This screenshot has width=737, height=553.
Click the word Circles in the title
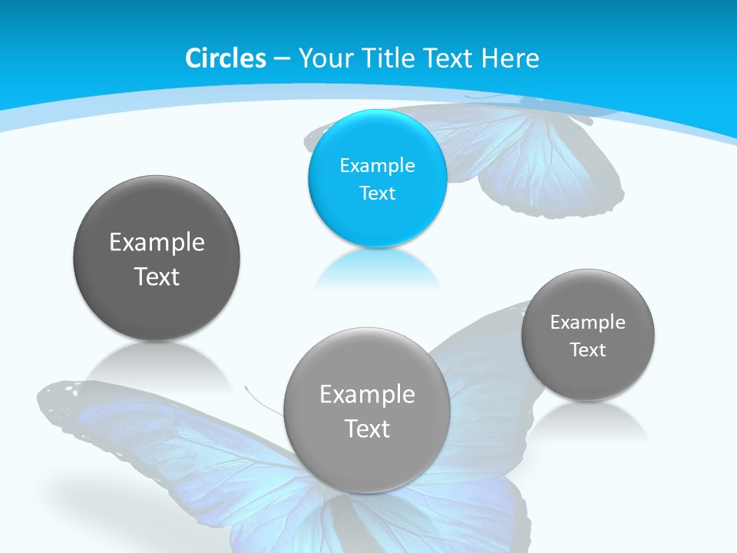click(225, 58)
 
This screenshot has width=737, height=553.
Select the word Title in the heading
click(388, 58)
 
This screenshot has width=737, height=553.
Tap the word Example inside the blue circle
click(377, 165)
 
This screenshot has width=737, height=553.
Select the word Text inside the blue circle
click(377, 193)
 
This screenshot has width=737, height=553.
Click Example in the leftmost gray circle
click(157, 242)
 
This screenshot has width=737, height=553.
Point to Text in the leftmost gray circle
click(157, 276)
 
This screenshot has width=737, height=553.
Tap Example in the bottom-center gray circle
click(367, 394)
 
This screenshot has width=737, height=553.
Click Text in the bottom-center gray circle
click(367, 429)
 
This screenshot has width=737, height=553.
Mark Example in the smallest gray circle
click(588, 322)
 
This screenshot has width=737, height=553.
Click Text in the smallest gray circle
click(588, 349)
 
